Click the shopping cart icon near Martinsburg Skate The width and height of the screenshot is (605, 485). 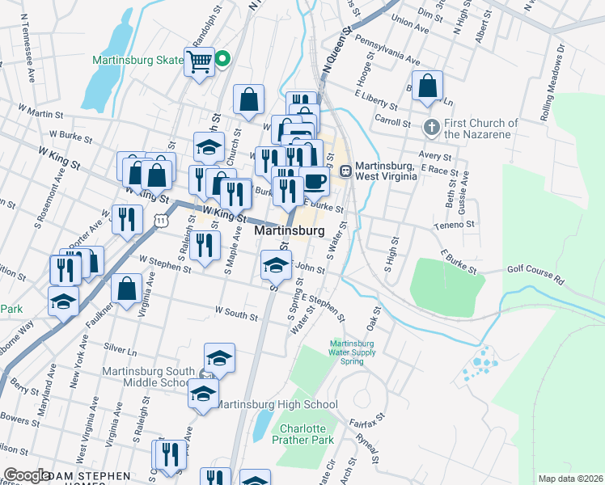(199, 60)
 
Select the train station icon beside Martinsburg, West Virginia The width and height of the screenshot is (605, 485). (345, 171)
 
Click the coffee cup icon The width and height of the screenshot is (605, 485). (315, 179)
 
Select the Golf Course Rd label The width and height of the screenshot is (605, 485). (536, 273)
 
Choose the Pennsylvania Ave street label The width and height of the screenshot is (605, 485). (388, 51)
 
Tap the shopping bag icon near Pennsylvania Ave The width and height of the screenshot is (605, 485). (429, 85)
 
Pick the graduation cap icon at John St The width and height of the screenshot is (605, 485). (276, 264)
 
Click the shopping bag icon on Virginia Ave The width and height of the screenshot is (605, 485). (127, 288)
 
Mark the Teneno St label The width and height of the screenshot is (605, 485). (453, 225)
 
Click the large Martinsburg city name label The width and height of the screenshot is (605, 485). (290, 230)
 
